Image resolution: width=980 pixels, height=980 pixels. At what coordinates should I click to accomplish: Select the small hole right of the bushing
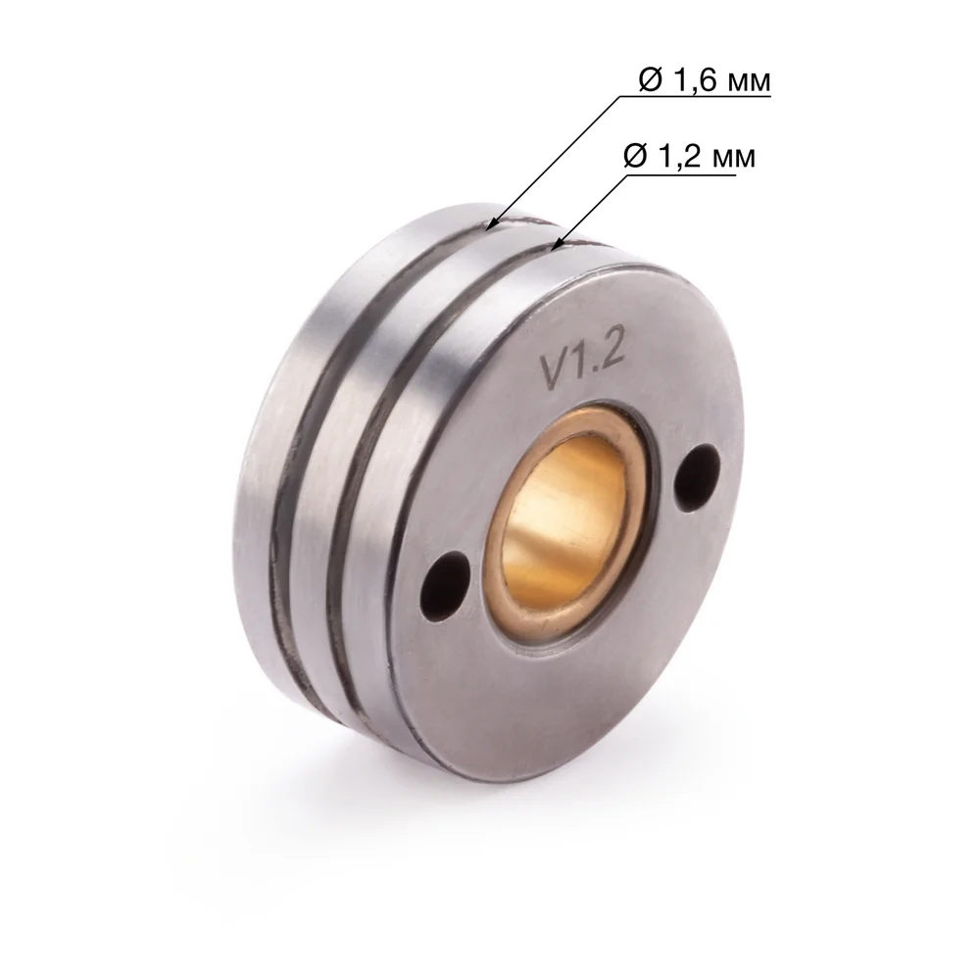pos(697,474)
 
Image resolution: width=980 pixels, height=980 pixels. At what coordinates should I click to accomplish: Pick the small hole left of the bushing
pos(445,586)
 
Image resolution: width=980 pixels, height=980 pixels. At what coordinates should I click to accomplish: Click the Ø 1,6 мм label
pos(705,80)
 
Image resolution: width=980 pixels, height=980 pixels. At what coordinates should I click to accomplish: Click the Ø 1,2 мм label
pos(689,156)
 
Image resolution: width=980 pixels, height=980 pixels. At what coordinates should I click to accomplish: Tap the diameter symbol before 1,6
pos(650,80)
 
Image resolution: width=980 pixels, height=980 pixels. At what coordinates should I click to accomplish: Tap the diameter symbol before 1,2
pos(635,156)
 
